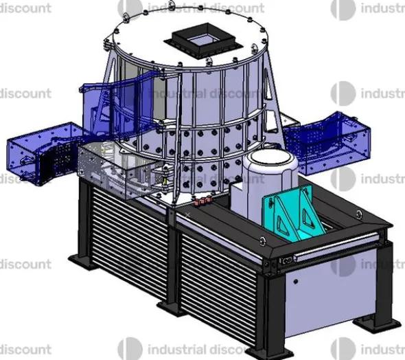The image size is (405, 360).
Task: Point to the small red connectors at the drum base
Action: click(x=202, y=201)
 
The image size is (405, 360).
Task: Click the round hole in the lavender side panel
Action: click(x=296, y=281)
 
